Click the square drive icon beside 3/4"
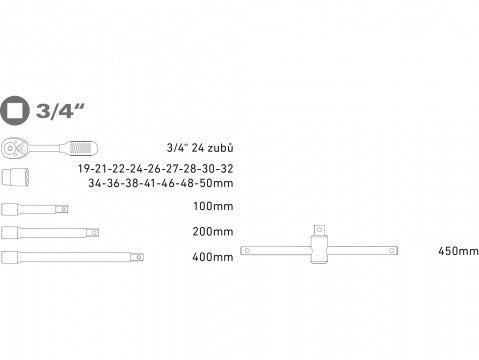coord(15,110)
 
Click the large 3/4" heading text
coord(60,111)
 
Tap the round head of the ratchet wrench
coord(14,148)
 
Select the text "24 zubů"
coord(212,148)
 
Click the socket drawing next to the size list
coord(15,177)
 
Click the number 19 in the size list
coord(84,169)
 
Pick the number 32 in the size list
coord(226,169)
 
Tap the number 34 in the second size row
coord(95,183)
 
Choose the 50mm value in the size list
coord(216,183)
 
